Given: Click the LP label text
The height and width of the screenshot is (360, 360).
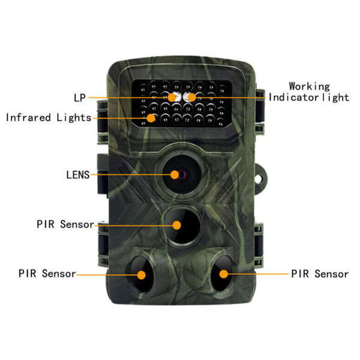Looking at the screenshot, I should (x=79, y=97).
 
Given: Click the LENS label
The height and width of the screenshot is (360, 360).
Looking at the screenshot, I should (x=77, y=175).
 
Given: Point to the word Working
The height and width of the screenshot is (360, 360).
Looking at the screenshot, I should (x=309, y=86).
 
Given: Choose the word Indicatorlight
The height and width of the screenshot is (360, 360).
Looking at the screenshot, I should (x=308, y=97).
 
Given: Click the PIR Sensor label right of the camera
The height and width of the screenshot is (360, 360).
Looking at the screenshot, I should (x=320, y=274).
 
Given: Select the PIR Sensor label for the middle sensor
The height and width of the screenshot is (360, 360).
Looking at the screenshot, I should (x=65, y=224).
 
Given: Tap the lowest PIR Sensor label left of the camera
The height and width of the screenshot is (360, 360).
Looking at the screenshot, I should (x=47, y=274).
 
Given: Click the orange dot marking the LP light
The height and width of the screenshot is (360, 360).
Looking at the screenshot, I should (x=172, y=97).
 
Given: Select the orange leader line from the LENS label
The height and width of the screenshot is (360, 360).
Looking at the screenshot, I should (x=132, y=175).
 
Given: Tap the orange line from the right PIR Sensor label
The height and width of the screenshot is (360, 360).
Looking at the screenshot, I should (x=258, y=274).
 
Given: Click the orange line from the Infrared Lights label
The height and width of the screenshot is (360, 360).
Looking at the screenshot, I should (x=120, y=118).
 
